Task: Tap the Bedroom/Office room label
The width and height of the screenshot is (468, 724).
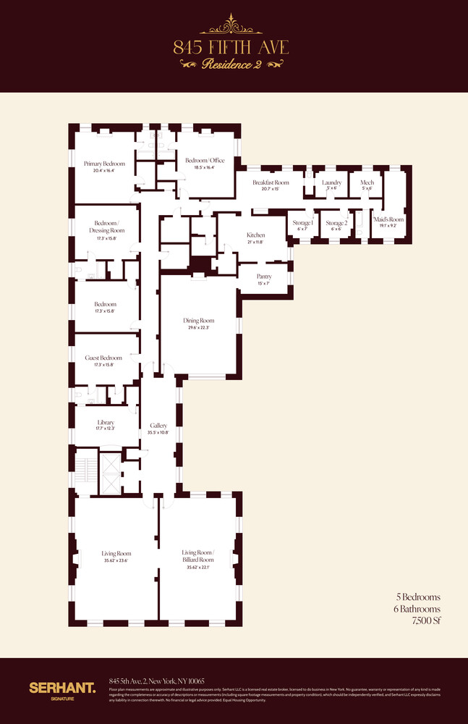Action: tap(205, 161)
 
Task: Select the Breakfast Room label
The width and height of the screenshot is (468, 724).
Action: tap(271, 182)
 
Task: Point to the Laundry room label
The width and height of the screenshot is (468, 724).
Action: tap(331, 182)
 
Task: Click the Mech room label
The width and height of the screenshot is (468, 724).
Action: tap(367, 182)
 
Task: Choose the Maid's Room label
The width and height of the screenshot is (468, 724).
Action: tap(388, 218)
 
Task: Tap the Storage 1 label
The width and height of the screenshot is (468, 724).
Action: tap(302, 223)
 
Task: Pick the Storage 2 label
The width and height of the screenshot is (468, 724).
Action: tap(336, 223)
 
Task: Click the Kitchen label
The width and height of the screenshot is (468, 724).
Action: tap(255, 235)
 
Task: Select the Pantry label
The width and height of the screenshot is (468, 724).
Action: tap(265, 276)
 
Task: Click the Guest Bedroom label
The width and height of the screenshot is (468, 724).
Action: tap(104, 358)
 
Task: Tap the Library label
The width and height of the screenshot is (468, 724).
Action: tap(106, 422)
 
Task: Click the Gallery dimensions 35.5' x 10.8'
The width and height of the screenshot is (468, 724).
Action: tap(158, 432)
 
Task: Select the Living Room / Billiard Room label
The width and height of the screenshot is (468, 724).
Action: tap(197, 556)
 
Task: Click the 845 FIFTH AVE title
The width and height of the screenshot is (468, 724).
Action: tap(231, 48)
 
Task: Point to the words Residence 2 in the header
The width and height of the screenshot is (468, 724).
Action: tap(231, 64)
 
